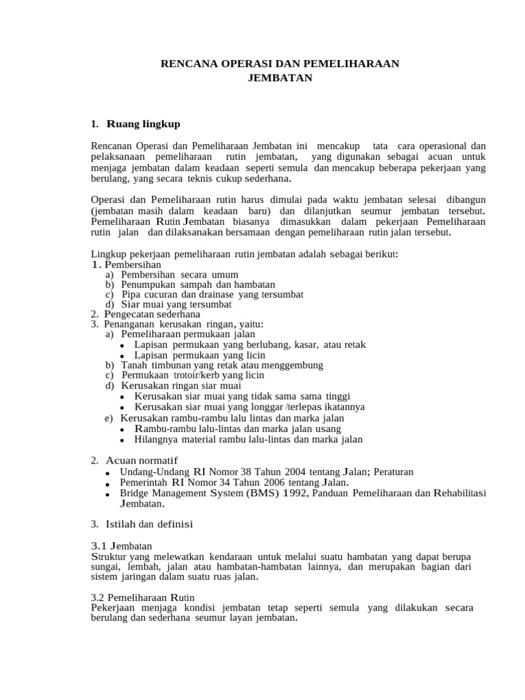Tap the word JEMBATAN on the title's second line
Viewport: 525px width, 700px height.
pyautogui.click(x=280, y=78)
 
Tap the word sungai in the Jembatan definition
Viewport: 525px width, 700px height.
pyautogui.click(x=105, y=567)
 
